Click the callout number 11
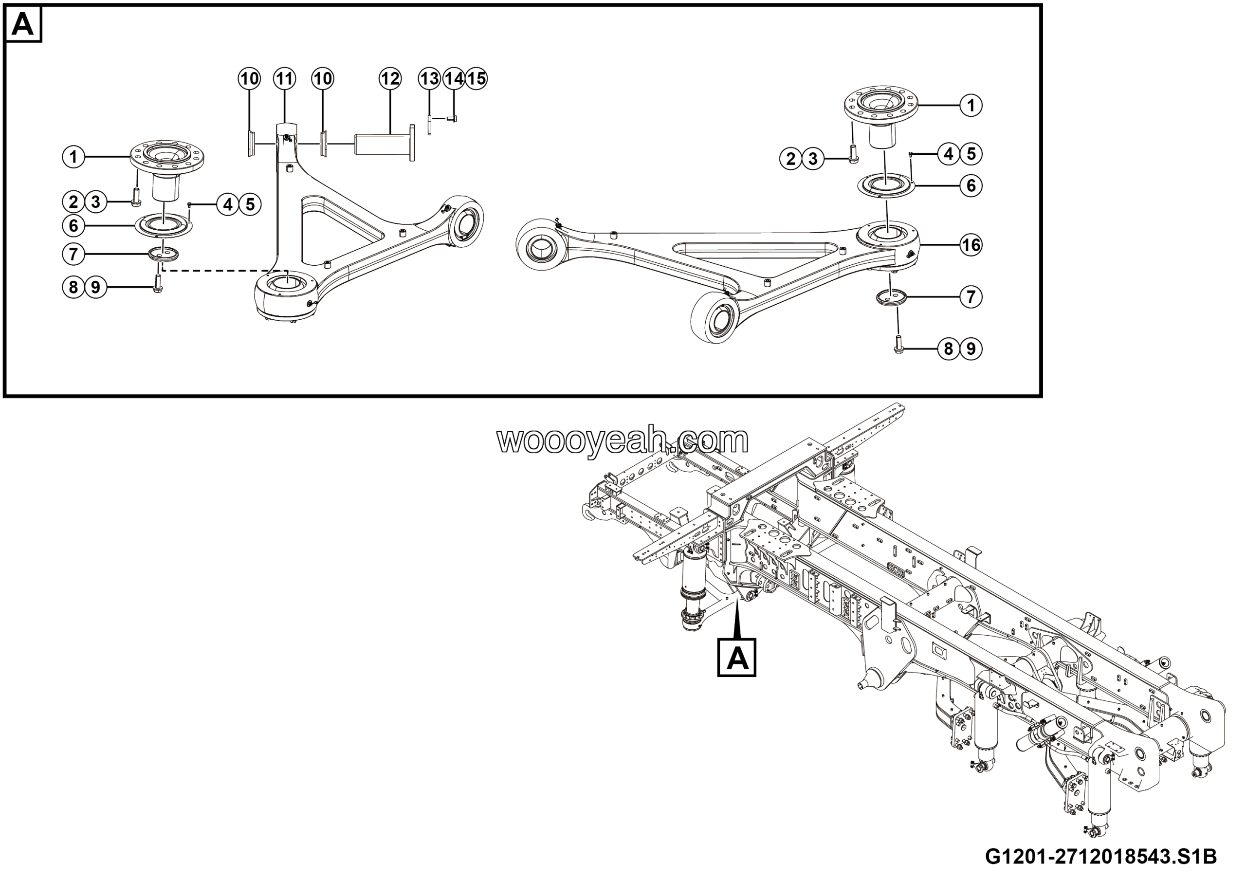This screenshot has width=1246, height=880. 284,79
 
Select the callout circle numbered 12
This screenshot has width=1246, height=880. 390,79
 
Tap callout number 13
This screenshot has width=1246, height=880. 429,79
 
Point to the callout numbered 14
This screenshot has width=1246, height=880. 454,79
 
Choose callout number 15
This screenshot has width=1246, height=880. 476,79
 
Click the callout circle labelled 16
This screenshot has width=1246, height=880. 971,245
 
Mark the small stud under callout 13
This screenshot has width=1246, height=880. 429,124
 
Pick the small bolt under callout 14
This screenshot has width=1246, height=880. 452,118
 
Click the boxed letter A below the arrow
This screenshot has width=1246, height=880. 736,658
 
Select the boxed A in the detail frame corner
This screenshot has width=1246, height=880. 22,24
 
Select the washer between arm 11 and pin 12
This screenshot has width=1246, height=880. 324,143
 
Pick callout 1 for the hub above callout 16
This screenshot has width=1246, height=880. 971,105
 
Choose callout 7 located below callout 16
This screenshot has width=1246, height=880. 971,297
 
